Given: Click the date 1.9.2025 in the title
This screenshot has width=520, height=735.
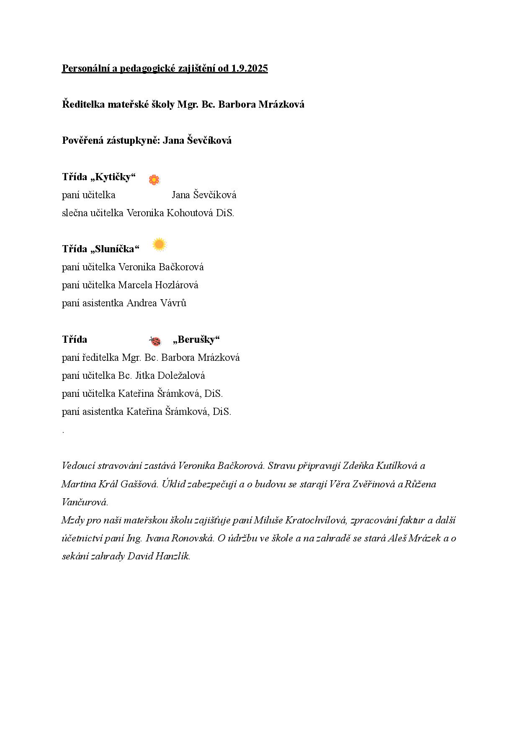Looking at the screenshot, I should point(249,68).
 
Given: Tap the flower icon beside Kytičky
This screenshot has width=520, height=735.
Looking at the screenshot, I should point(154,180).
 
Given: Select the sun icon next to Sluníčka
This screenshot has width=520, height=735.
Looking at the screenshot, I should point(159,244).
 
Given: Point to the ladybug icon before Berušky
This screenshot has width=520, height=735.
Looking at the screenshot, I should point(155,341).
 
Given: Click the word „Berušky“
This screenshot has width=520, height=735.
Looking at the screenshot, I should point(196,339).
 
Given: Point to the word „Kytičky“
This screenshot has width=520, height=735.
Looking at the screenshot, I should point(113,177).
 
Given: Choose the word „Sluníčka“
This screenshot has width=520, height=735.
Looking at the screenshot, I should point(115,249).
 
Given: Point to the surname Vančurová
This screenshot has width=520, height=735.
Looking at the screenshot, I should point(85,502).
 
